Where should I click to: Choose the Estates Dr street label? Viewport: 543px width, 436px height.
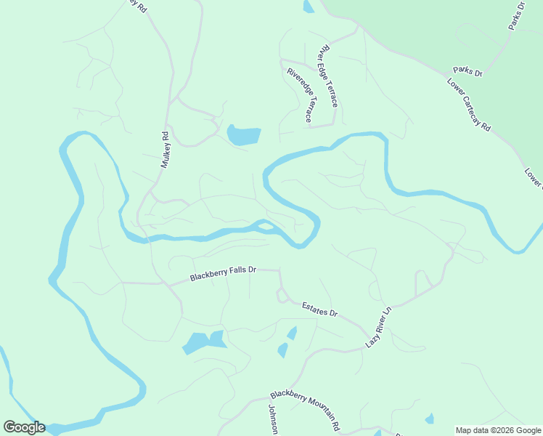coord(320,308)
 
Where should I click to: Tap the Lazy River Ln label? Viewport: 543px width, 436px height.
coord(378,326)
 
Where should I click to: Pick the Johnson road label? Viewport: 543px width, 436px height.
coord(274,419)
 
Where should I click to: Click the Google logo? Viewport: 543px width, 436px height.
coord(24,427)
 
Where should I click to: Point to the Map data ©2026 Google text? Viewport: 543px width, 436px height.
coord(498,430)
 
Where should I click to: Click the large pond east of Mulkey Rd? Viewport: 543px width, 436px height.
coord(243,135)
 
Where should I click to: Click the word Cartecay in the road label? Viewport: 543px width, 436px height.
coord(473,106)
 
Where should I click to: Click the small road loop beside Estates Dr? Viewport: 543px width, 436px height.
coord(280,295)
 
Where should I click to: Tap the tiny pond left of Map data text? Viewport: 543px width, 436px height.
coord(430,419)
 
